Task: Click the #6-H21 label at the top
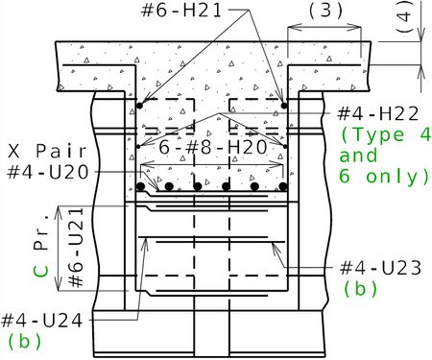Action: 181,11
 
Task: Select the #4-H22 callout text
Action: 378,113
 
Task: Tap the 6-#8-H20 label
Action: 213,147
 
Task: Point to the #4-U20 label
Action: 48,172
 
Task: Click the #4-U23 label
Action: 380,268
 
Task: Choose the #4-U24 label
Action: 42,321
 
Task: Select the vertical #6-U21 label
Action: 76,248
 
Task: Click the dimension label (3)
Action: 325,11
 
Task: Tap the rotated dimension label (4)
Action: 404,17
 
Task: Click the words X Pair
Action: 47,151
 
